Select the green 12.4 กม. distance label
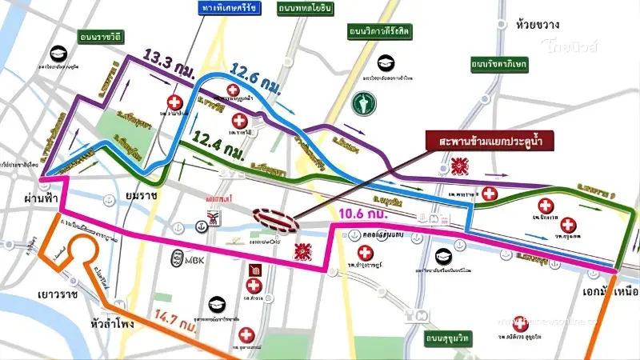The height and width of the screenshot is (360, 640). tap(217, 150)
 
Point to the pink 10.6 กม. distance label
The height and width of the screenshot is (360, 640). tap(365, 214)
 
